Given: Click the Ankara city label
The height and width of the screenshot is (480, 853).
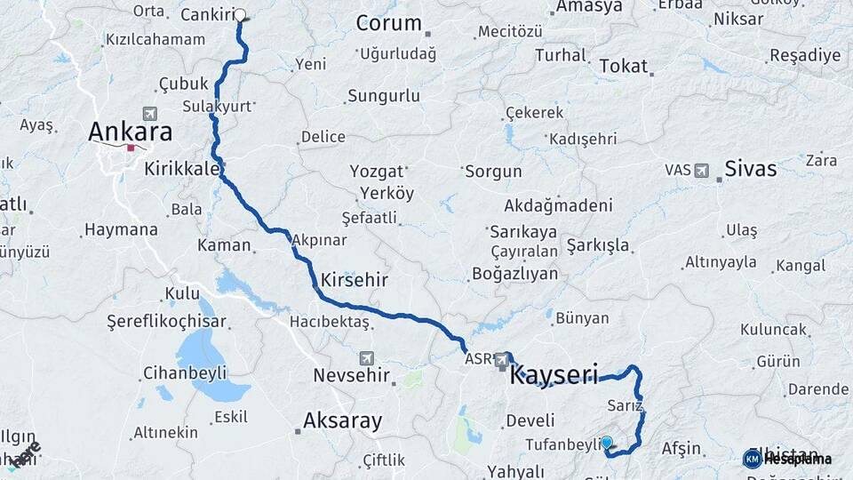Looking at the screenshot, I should [x=130, y=132].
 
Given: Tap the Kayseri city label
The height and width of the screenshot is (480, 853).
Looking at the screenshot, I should [x=554, y=373].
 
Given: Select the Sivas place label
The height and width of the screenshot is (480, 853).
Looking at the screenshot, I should [x=751, y=168].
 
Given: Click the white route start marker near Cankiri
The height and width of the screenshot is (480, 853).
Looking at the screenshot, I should [x=240, y=15].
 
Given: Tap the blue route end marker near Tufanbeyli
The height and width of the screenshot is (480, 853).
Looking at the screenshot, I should [x=607, y=442].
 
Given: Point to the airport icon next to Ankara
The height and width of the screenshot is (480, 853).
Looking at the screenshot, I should [x=147, y=114].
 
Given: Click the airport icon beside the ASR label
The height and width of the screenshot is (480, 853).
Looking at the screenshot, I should [x=501, y=358].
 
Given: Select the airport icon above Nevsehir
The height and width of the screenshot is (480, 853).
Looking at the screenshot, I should [x=366, y=357].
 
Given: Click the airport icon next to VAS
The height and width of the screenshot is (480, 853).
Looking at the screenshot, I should [x=702, y=169].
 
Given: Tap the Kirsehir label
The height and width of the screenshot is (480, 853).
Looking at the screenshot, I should [x=355, y=279].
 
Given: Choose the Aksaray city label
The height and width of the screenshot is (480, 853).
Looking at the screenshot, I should [x=342, y=420].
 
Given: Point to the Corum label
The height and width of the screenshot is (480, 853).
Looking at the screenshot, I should [x=388, y=23].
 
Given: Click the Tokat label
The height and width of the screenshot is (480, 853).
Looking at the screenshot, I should [x=624, y=66].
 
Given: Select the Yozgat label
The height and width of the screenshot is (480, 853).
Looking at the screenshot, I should [x=377, y=171].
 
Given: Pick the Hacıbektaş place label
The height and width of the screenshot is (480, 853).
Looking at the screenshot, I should [x=330, y=321].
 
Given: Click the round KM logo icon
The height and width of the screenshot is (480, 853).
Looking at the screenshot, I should [x=752, y=459].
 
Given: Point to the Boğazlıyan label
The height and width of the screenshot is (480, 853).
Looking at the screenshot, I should [x=515, y=273].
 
